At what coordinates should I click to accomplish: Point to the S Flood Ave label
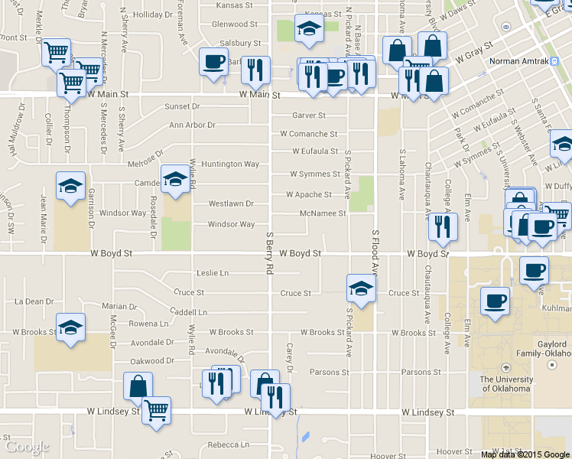[375, 252]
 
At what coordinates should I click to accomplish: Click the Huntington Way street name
[230, 164]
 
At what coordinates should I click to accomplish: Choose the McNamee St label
[323, 213]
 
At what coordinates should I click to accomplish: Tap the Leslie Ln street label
[213, 272]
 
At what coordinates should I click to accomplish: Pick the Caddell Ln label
[189, 312]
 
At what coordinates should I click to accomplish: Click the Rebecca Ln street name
[228, 444]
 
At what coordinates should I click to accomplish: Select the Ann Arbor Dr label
[192, 125]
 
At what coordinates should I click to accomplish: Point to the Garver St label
[309, 116]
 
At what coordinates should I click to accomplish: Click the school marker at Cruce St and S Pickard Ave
[361, 288]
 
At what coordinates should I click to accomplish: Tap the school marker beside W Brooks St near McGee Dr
[70, 328]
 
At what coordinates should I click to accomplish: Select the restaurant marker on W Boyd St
[443, 226]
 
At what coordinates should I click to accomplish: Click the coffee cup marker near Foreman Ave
[213, 60]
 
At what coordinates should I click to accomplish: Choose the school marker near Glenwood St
[309, 30]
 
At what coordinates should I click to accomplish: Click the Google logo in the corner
[27, 447]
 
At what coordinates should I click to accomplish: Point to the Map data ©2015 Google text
[524, 454]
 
